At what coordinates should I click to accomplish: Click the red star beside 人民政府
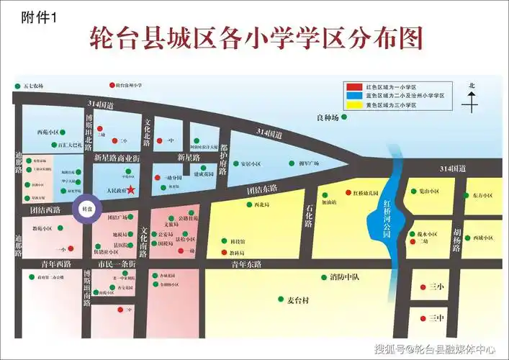pos(131,190)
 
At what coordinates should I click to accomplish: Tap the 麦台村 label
pos(292,299)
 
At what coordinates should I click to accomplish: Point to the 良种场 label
pos(327,117)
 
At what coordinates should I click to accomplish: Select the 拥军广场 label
pos(309,163)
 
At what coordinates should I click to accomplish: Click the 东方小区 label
pos(483,195)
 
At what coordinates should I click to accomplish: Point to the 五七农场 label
pos(33,86)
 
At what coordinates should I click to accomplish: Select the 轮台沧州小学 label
pos(134,86)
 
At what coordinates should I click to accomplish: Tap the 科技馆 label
pos(238,242)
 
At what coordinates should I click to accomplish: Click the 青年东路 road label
pos(247,264)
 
